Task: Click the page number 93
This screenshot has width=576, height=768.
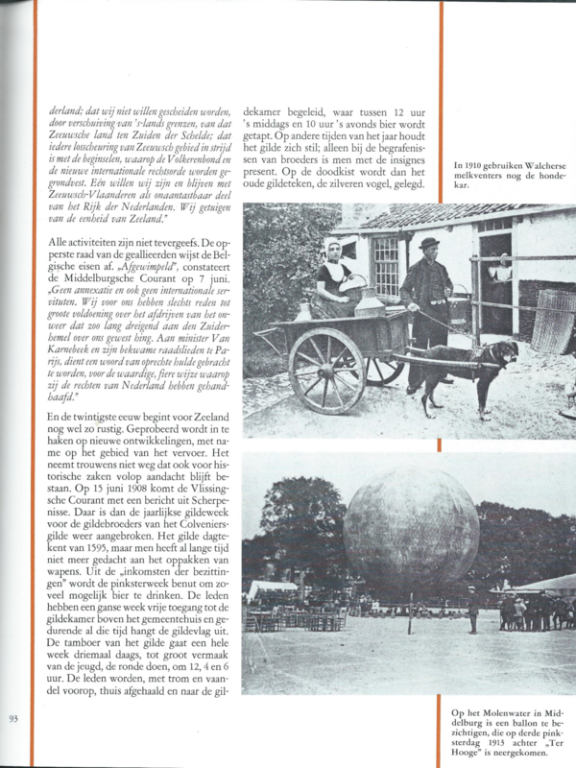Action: point(13,719)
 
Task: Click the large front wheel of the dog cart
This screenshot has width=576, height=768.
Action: point(327,371)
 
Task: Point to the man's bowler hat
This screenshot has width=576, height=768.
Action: point(428,244)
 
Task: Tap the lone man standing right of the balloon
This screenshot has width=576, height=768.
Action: point(472,612)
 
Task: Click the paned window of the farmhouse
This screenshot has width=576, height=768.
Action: point(384,264)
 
